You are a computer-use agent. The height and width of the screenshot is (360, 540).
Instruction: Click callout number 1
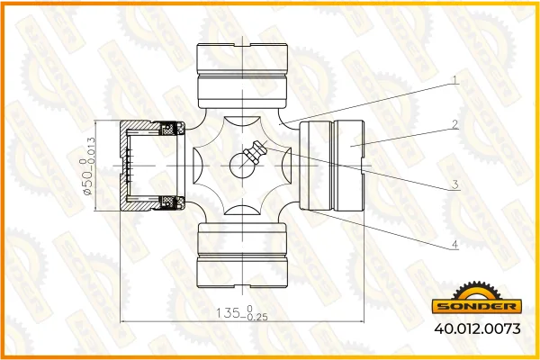click(x=455, y=80)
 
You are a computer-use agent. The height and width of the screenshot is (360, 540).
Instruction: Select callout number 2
click(x=455, y=124)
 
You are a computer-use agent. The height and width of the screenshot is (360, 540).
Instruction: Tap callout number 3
click(x=455, y=184)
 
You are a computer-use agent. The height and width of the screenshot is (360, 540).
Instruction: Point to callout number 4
click(x=455, y=245)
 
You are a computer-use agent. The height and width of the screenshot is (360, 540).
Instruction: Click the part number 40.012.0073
click(x=477, y=328)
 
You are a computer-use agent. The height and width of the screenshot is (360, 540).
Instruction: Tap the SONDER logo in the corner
click(x=477, y=298)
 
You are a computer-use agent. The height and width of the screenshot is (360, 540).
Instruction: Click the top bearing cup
click(x=242, y=76)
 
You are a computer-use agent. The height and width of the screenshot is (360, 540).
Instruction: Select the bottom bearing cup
click(x=242, y=256)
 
